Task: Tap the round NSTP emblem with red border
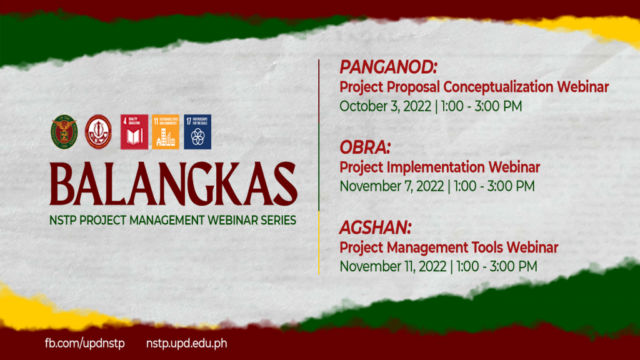coord(98,132)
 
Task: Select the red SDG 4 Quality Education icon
coord(134,132)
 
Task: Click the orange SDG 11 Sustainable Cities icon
coord(166,132)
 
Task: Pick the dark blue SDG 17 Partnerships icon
coord(197,132)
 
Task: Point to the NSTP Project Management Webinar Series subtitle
coord(174,221)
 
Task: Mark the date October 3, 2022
coord(385,106)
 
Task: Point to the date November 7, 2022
coord(391,186)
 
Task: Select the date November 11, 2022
coord(392,266)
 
